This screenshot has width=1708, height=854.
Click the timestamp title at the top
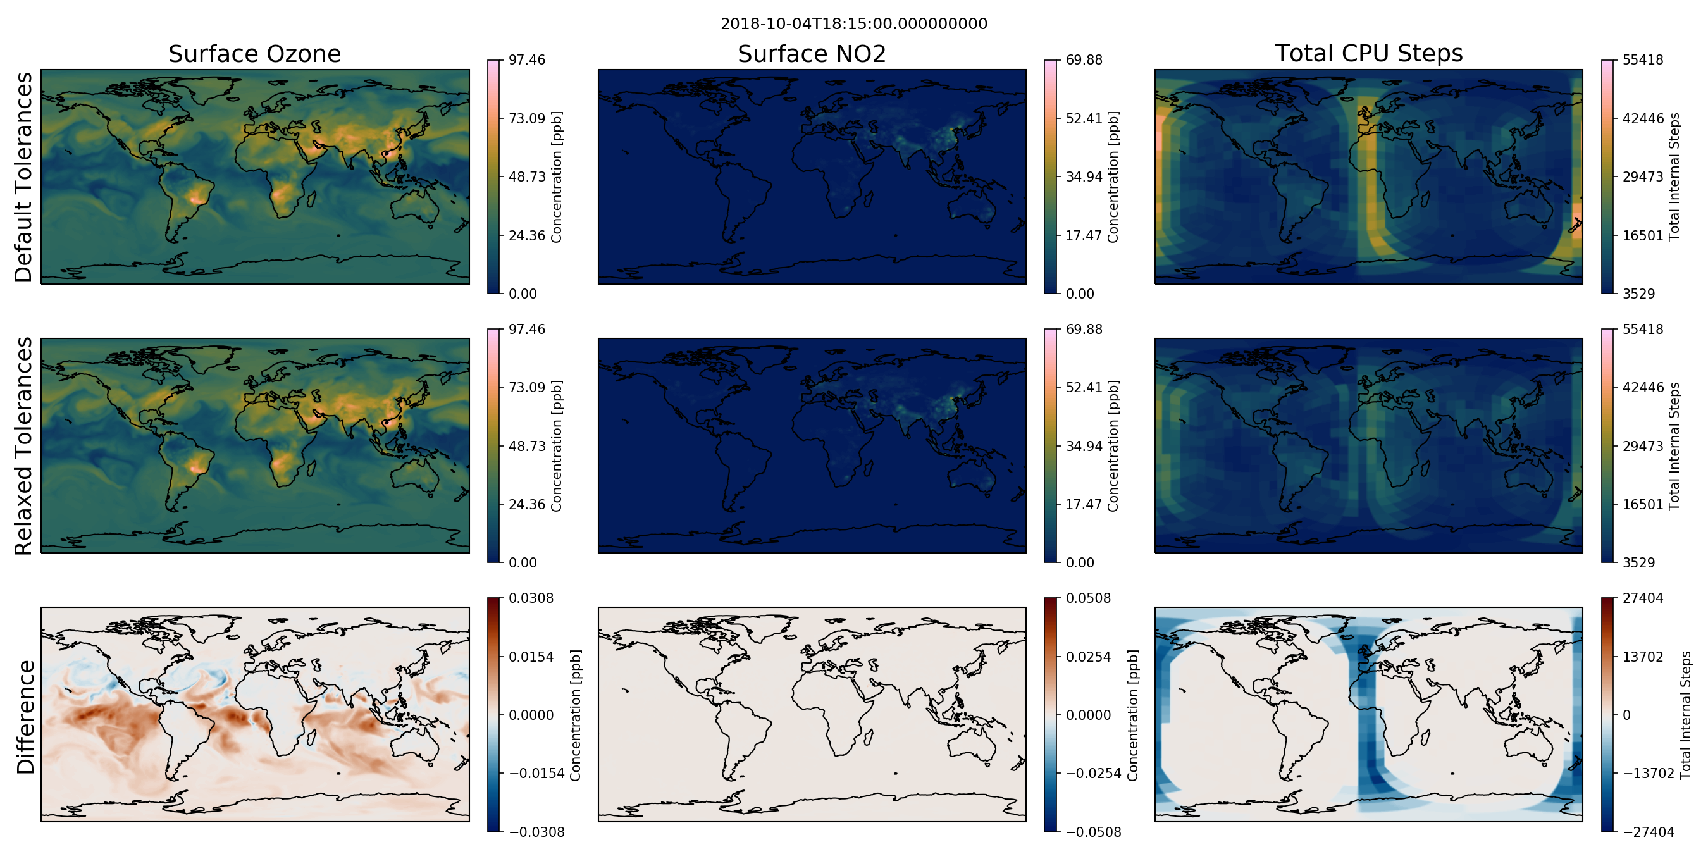pos(854,24)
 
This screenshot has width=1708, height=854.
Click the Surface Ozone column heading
pos(254,54)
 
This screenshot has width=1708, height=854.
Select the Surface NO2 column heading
pos(812,54)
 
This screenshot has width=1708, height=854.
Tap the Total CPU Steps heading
pos(1368,54)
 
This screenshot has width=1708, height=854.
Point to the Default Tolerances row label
pos(23,177)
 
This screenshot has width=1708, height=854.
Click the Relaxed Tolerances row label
pos(23,445)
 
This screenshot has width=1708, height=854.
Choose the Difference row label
pos(25,717)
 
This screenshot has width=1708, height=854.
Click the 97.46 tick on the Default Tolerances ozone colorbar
pos(527,59)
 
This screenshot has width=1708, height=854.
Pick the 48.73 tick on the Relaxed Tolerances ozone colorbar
pos(527,445)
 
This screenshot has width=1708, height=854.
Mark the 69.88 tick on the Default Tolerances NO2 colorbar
pos(1084,59)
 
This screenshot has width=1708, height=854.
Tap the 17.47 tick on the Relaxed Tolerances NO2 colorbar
pos(1084,504)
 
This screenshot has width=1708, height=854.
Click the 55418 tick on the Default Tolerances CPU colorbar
pos(1643,59)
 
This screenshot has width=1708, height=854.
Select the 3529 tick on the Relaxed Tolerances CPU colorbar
pos(1639,562)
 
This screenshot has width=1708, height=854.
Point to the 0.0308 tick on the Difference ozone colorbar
pos(531,598)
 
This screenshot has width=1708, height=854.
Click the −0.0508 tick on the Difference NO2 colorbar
pos(1093,832)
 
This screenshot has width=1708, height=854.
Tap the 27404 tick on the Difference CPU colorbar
pos(1643,598)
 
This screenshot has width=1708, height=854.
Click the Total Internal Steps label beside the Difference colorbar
pos(1686,715)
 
